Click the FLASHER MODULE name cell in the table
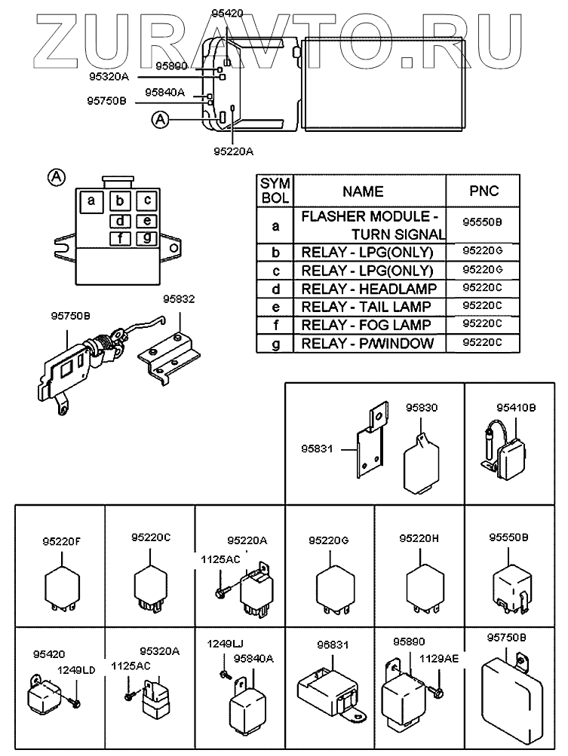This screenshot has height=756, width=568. click(370, 225)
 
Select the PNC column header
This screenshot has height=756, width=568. click(483, 191)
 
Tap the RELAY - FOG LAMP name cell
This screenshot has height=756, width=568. click(370, 326)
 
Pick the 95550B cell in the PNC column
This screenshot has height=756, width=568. click(483, 222)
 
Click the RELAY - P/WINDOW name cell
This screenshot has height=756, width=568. click(370, 343)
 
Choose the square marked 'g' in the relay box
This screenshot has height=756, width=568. click(147, 237)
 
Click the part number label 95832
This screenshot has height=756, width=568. click(179, 299)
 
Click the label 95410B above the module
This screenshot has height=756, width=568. click(516, 408)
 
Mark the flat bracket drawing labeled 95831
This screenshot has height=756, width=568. click(370, 442)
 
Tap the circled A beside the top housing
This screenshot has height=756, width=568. click(161, 119)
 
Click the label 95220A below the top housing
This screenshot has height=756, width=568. click(234, 152)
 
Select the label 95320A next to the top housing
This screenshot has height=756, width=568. click(109, 77)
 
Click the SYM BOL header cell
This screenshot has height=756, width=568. click(275, 191)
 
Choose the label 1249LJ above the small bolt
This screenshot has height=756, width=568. click(226, 644)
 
